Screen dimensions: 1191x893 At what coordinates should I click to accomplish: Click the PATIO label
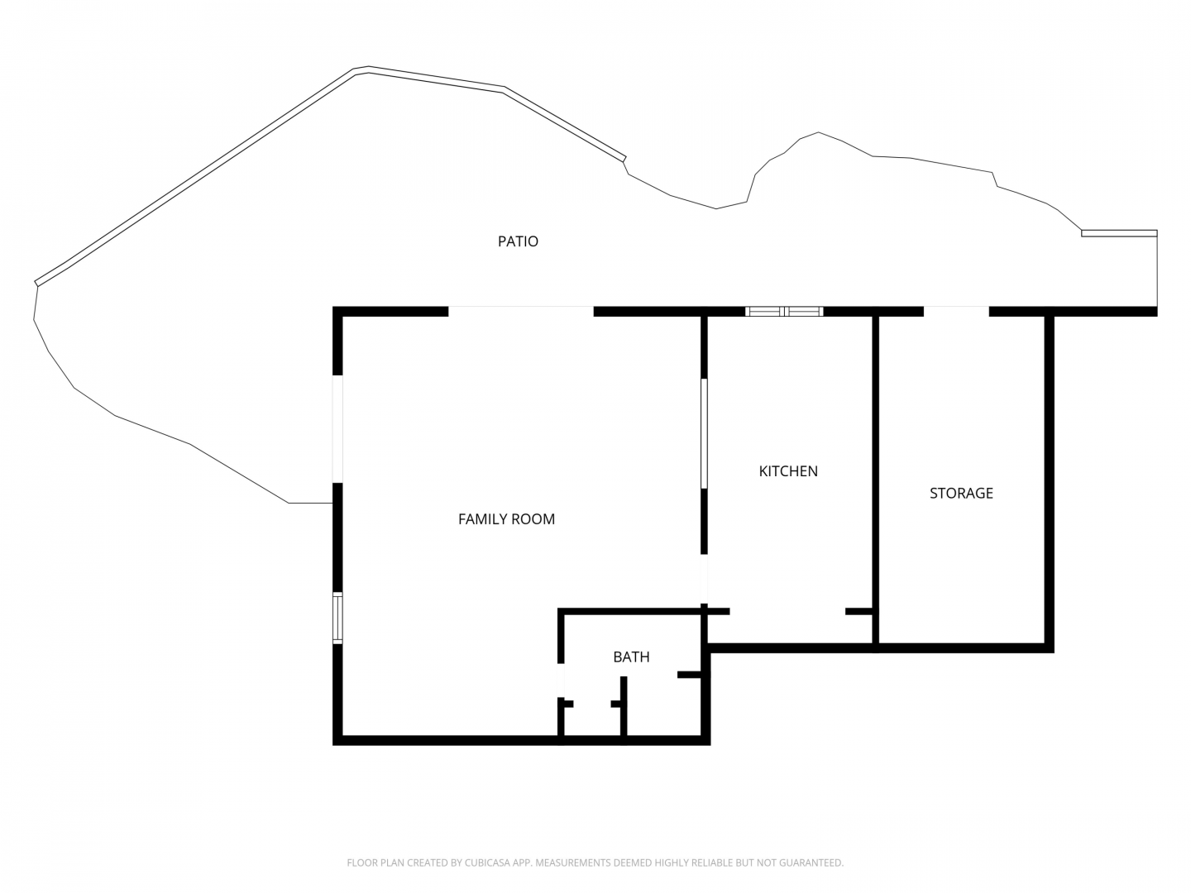tap(518, 241)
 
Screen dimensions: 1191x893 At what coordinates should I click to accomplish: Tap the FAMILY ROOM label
tap(506, 519)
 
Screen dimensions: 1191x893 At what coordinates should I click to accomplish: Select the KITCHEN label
tap(788, 471)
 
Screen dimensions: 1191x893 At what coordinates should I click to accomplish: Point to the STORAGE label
tap(961, 493)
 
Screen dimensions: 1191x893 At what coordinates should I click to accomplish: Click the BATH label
tap(631, 657)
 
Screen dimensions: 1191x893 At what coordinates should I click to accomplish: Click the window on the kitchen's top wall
tap(784, 311)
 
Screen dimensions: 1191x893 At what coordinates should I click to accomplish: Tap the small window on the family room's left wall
tap(337, 618)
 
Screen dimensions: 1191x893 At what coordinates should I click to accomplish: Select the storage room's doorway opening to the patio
tap(956, 311)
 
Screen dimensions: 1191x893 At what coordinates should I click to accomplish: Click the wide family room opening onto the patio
tap(521, 311)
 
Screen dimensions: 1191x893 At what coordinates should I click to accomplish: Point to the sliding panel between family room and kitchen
tap(704, 433)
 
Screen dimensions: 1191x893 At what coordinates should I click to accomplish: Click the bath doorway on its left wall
tap(561, 680)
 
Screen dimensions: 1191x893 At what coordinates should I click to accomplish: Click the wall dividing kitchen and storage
tap(875, 480)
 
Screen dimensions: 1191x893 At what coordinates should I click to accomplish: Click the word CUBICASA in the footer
tap(488, 862)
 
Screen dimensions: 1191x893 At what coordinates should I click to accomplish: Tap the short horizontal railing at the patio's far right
tap(1119, 233)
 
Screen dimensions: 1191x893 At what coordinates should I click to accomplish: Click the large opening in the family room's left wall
tap(337, 429)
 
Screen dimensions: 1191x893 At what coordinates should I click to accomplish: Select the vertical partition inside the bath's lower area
tap(624, 706)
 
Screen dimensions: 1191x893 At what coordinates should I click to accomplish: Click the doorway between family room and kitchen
tap(704, 579)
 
